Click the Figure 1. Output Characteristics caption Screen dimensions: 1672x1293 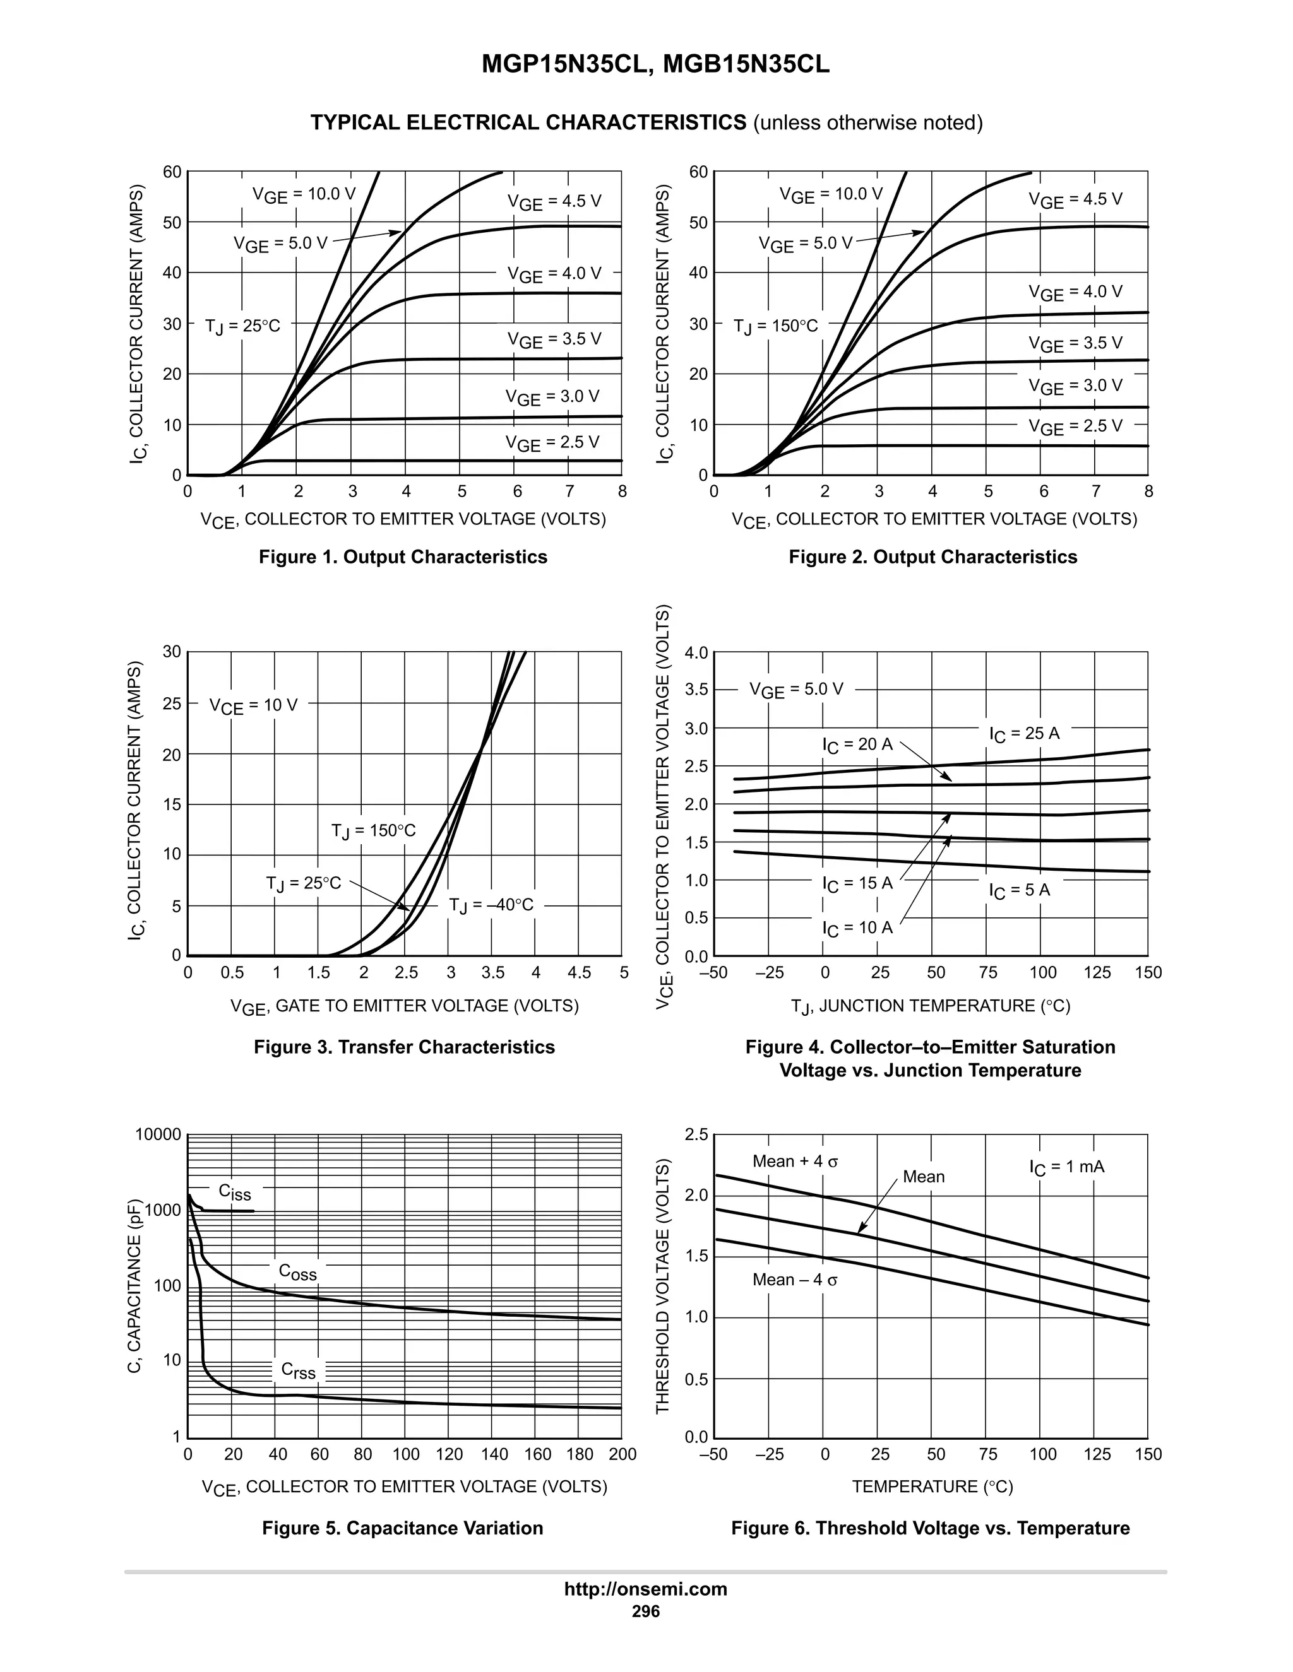coord(403,556)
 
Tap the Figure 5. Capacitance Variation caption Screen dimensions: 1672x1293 coord(402,1528)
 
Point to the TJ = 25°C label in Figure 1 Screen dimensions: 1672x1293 coord(243,326)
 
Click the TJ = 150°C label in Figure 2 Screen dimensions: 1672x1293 coord(776,326)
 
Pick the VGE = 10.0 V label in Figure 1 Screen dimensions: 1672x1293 coord(304,195)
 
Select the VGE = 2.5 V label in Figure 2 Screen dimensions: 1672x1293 coord(1075,427)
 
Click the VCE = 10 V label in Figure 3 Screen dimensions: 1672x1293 coord(254,705)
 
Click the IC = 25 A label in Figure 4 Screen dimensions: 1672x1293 coord(1024,734)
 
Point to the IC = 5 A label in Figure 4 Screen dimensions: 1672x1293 coord(1019,890)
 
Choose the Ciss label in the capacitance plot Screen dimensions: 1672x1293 coord(234,1192)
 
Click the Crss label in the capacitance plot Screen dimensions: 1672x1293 coord(298,1370)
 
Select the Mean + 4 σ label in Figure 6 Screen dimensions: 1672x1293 coord(795,1162)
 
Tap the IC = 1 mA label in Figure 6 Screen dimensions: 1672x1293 coord(1066,1167)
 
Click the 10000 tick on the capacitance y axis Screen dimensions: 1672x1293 coord(158,1134)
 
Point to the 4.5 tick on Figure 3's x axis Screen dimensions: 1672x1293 coord(579,973)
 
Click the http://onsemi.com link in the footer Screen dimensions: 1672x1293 coord(646,1589)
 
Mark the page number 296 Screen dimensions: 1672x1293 coord(646,1611)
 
